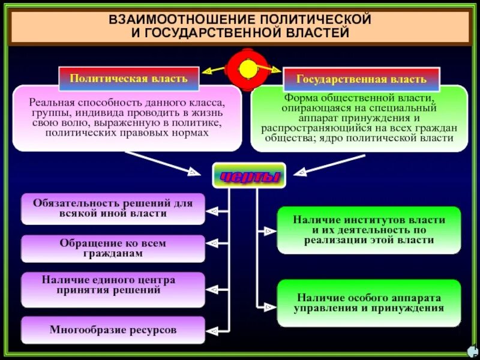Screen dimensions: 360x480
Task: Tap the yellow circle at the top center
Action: pyautogui.click(x=248, y=69)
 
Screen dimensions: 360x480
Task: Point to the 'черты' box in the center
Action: pyautogui.click(x=249, y=176)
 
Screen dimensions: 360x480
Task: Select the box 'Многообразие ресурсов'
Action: pyautogui.click(x=113, y=330)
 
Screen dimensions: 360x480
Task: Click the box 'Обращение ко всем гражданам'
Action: pyautogui.click(x=113, y=248)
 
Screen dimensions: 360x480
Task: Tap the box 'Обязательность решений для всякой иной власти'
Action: pyautogui.click(x=113, y=208)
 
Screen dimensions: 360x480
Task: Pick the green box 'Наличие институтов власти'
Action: pyautogui.click(x=369, y=230)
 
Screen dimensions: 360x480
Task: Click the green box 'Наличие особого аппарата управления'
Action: pyautogui.click(x=369, y=303)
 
